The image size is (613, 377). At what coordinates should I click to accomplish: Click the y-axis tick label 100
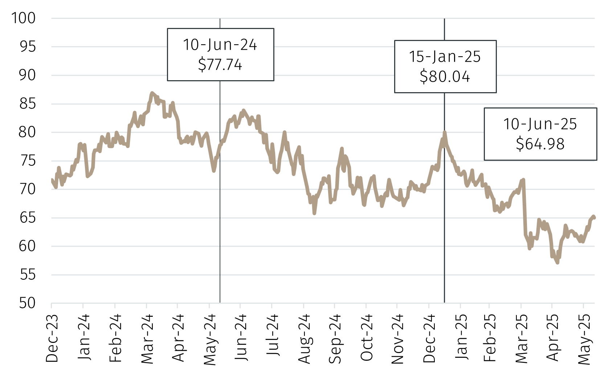coord(24,18)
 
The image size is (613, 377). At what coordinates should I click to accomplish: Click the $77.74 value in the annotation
coord(220,65)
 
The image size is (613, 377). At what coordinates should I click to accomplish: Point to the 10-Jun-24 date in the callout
coord(220,45)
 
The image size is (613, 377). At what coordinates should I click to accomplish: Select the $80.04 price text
coord(445,77)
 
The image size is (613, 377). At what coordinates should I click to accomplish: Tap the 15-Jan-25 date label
coord(445,57)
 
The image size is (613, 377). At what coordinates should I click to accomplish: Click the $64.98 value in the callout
coord(540,144)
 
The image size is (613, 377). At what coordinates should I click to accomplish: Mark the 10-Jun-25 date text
coord(540,124)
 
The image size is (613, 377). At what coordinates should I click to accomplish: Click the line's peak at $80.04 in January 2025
coord(444,132)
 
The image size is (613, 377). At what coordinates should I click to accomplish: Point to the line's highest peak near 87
coord(152,93)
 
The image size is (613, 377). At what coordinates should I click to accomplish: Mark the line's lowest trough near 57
coord(557,262)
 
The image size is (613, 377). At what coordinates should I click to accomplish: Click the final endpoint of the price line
coord(594,217)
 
